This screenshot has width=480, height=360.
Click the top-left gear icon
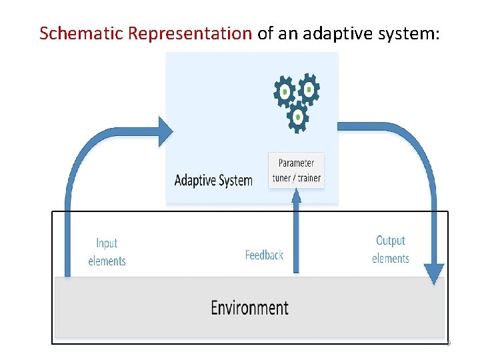(x=285, y=91)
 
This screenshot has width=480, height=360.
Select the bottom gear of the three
(x=297, y=117)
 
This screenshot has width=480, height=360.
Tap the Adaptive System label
(x=213, y=180)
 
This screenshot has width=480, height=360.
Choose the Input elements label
(x=107, y=252)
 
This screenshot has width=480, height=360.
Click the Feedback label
(x=264, y=255)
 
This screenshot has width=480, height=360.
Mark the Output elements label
(x=391, y=249)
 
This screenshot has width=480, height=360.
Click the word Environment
(x=249, y=307)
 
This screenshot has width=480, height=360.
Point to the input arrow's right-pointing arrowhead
(x=165, y=131)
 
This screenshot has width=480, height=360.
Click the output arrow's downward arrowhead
(x=434, y=274)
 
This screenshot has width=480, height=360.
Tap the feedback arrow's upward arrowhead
(x=297, y=195)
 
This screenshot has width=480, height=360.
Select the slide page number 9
(x=448, y=343)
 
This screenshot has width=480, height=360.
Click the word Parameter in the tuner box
(x=297, y=163)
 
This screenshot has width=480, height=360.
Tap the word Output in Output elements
(x=391, y=241)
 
